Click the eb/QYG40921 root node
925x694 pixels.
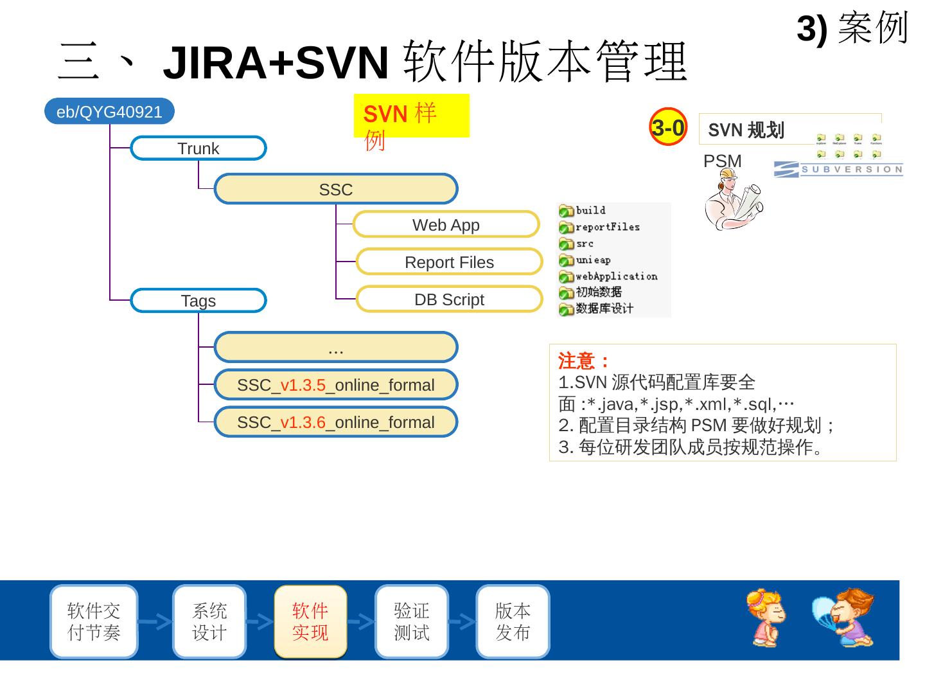tap(109, 112)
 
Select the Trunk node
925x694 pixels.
tap(198, 148)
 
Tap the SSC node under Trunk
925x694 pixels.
tap(335, 190)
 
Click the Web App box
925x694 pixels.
tap(446, 225)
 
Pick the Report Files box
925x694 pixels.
tap(449, 262)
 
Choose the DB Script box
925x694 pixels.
tap(449, 299)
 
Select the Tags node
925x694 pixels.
tap(198, 301)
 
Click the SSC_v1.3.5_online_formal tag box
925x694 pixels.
tap(335, 385)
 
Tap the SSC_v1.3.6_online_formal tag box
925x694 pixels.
tap(335, 422)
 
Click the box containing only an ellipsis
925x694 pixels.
tap(335, 348)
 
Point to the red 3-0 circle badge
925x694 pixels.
tap(668, 127)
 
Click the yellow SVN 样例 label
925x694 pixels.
tap(411, 116)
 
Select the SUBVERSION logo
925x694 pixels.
tap(838, 169)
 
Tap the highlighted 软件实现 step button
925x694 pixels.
tap(310, 621)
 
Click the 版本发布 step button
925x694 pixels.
tap(513, 621)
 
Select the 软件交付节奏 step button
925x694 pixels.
tap(94, 621)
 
